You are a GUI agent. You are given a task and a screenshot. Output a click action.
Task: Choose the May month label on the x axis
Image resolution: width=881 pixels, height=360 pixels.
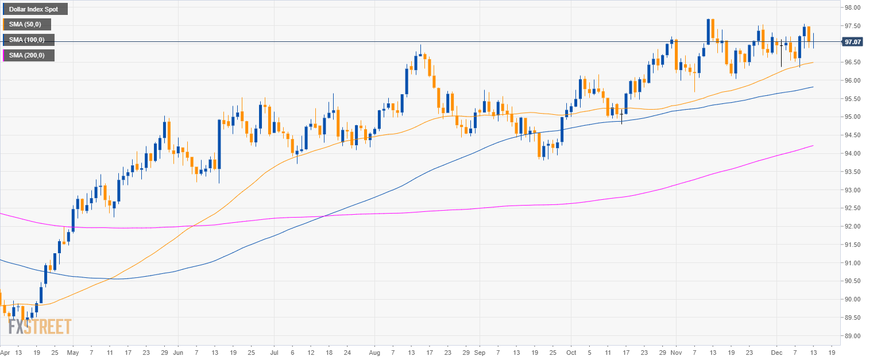point(72,352)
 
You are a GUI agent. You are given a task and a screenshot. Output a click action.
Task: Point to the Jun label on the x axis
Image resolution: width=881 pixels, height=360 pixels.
point(179,352)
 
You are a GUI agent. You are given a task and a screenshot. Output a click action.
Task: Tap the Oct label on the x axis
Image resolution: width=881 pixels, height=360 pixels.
point(571,352)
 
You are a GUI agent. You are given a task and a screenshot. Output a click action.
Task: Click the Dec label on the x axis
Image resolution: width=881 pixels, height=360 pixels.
point(776,352)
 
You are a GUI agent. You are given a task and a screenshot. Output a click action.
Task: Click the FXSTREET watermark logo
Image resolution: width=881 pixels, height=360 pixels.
point(40,327)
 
